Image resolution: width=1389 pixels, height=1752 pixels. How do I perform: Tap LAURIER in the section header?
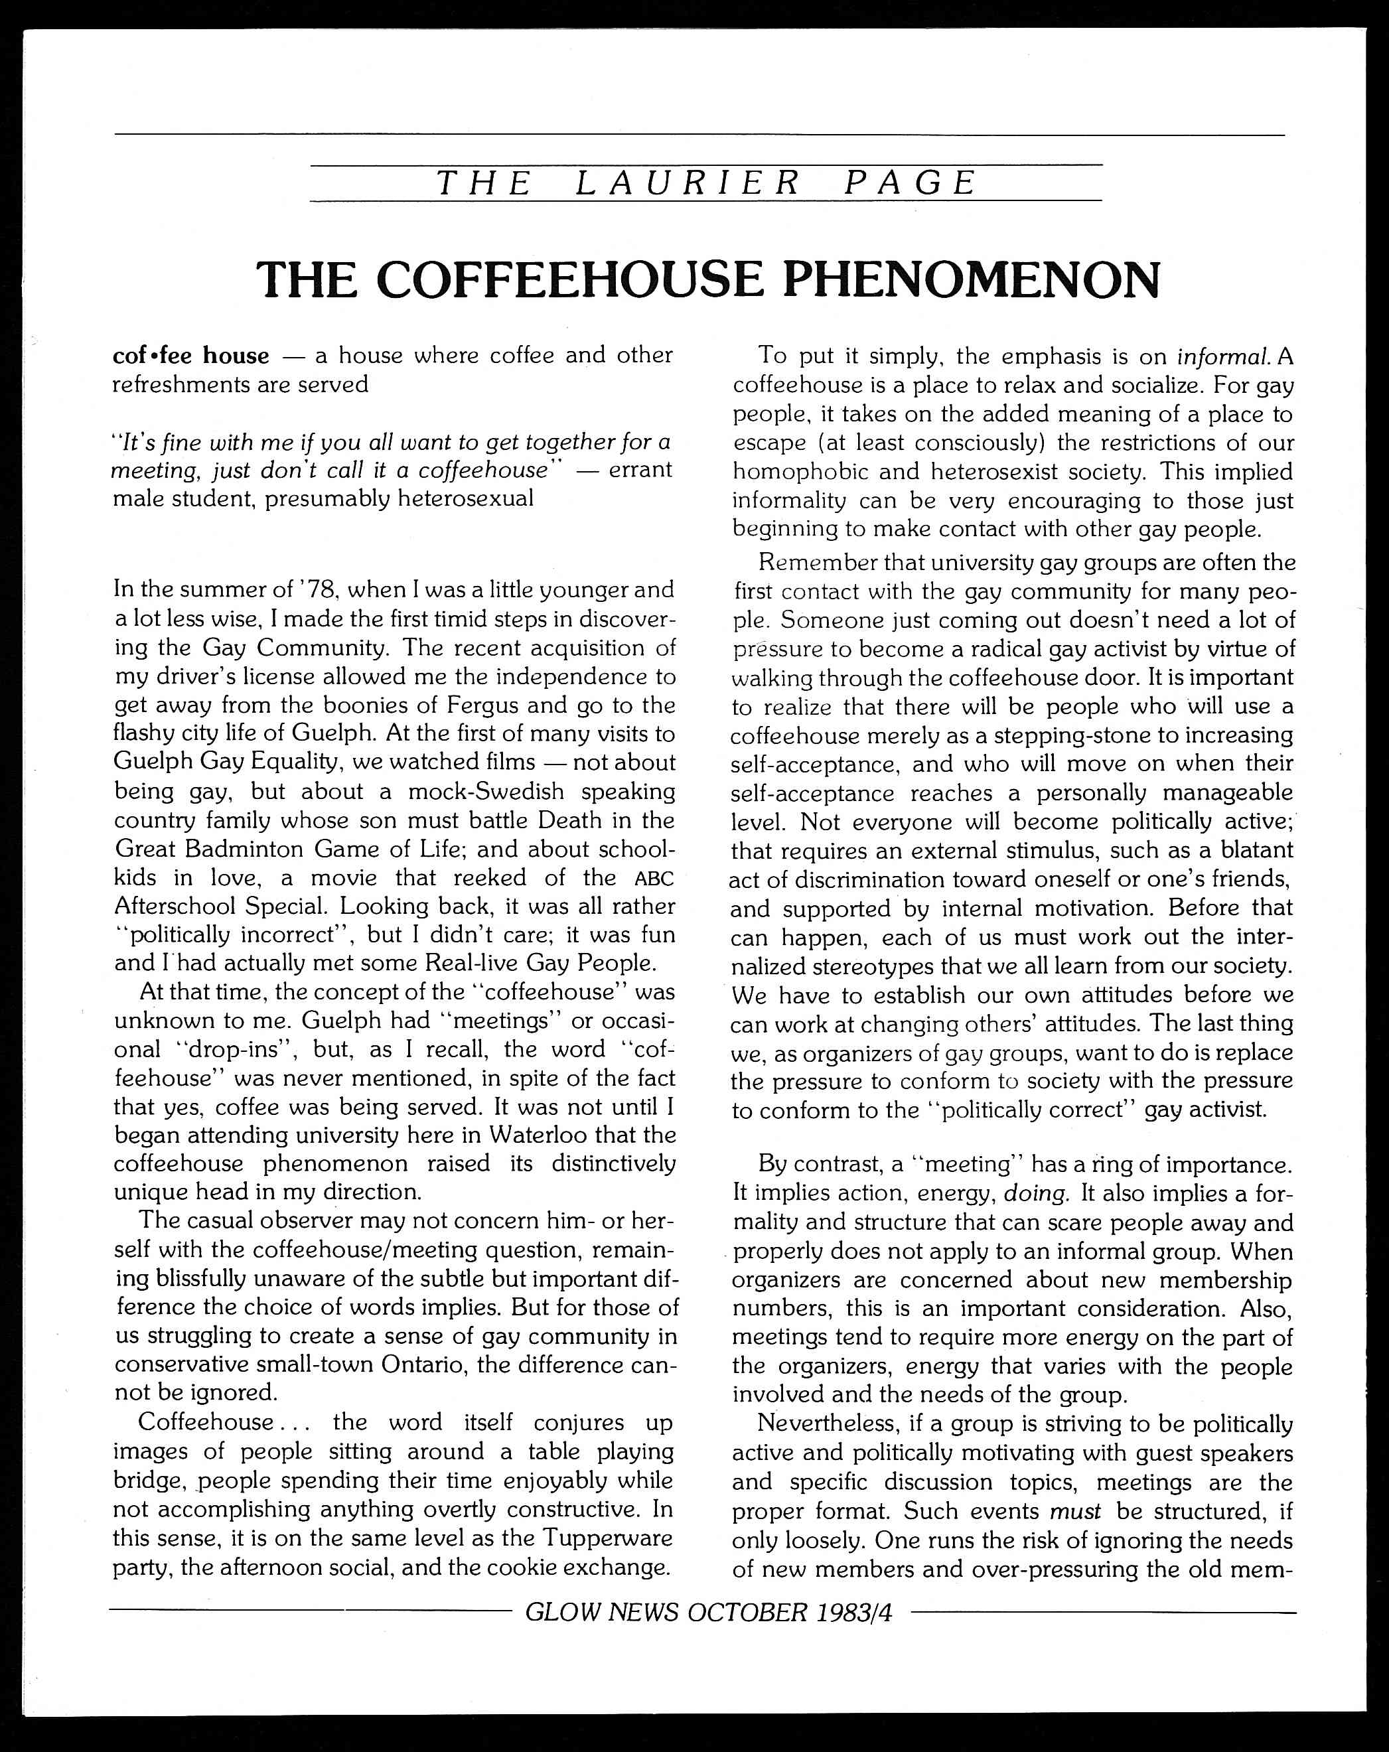(x=688, y=183)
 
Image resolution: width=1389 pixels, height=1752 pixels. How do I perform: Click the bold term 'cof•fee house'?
(x=191, y=356)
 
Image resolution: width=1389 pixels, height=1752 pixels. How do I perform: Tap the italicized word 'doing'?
(x=1035, y=1193)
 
